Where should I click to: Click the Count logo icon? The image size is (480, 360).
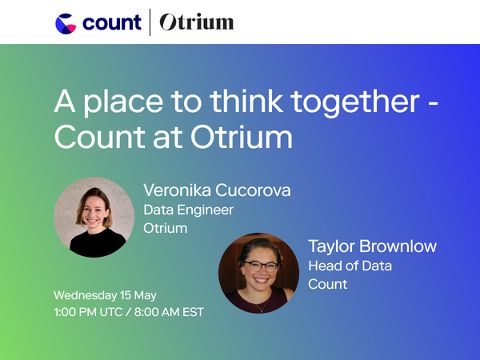(x=66, y=22)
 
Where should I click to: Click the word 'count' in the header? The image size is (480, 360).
(x=110, y=22)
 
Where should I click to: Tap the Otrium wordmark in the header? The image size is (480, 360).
(x=196, y=22)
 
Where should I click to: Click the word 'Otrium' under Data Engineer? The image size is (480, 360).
(x=165, y=228)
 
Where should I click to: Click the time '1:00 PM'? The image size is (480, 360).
(x=78, y=310)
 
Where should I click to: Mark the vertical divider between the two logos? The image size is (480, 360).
(x=150, y=22)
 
